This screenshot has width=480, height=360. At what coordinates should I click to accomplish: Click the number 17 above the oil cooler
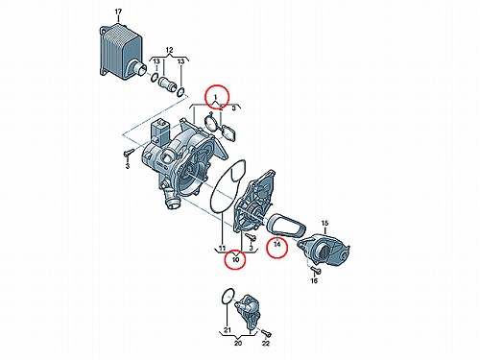118,12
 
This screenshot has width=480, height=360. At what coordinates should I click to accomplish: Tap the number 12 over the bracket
169,50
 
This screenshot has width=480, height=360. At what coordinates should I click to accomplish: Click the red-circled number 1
216,97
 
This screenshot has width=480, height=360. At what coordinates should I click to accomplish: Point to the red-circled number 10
235,259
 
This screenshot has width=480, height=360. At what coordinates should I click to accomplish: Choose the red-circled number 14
277,244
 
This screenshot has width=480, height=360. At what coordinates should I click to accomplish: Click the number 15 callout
324,223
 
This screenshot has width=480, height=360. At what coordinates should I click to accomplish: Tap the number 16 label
314,280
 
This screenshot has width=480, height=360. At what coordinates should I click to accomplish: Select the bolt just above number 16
316,271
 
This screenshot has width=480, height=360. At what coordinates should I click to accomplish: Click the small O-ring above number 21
228,296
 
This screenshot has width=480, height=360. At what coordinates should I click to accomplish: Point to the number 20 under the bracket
238,344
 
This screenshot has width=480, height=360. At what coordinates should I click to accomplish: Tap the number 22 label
266,344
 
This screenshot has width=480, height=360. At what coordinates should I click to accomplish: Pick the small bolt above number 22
267,333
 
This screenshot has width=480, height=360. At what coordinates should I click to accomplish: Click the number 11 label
222,248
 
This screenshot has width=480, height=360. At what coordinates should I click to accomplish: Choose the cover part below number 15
324,250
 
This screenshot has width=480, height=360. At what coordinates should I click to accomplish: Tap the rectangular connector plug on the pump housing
160,132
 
